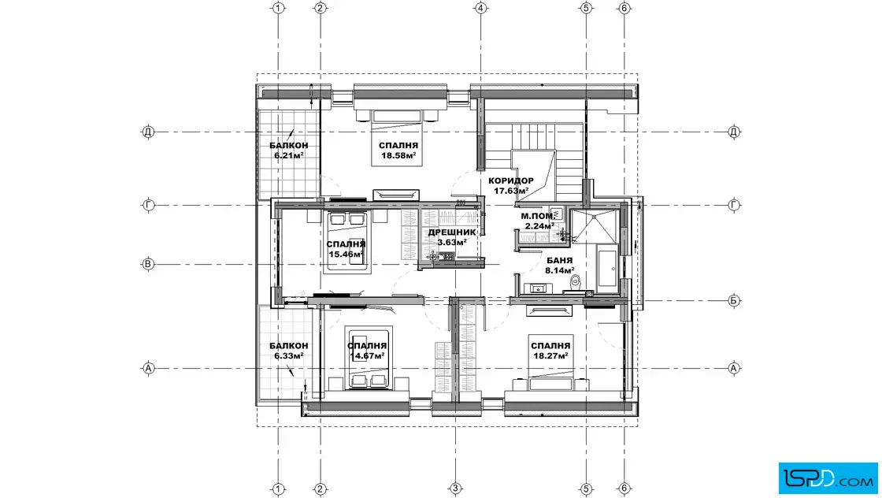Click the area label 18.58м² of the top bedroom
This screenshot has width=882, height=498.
[398, 156]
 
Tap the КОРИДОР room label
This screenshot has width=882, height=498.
[511, 180]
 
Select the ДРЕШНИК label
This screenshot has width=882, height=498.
[452, 232]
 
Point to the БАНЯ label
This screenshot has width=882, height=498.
[560, 261]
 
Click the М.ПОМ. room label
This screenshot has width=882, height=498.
[537, 216]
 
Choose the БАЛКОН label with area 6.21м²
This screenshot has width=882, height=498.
[288, 146]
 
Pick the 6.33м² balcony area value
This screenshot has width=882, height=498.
[289, 355]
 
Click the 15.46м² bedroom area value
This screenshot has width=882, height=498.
[346, 255]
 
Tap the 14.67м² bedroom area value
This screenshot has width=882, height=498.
[367, 355]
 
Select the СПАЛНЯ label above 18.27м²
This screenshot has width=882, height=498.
[550, 346]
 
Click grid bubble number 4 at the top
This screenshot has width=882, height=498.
[480, 8]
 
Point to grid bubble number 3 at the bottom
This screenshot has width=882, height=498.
[456, 489]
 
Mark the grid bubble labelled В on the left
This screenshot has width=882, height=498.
[148, 264]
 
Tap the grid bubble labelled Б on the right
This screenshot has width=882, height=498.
[734, 300]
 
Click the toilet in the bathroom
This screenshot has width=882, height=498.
[575, 282]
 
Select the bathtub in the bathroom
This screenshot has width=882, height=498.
[607, 268]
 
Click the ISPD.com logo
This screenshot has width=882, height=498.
[828, 478]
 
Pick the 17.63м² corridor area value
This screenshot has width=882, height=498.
[511, 191]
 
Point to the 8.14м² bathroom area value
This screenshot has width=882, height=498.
[560, 270]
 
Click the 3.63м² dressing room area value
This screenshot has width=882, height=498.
[452, 243]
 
